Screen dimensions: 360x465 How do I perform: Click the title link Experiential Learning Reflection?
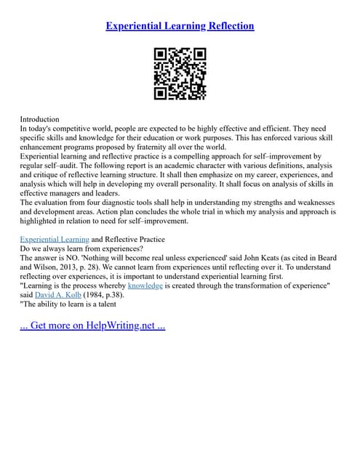(x=180, y=26)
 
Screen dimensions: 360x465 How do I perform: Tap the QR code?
(x=180, y=73)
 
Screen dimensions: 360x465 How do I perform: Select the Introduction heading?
(x=39, y=118)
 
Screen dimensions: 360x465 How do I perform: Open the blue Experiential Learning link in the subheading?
(x=55, y=239)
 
